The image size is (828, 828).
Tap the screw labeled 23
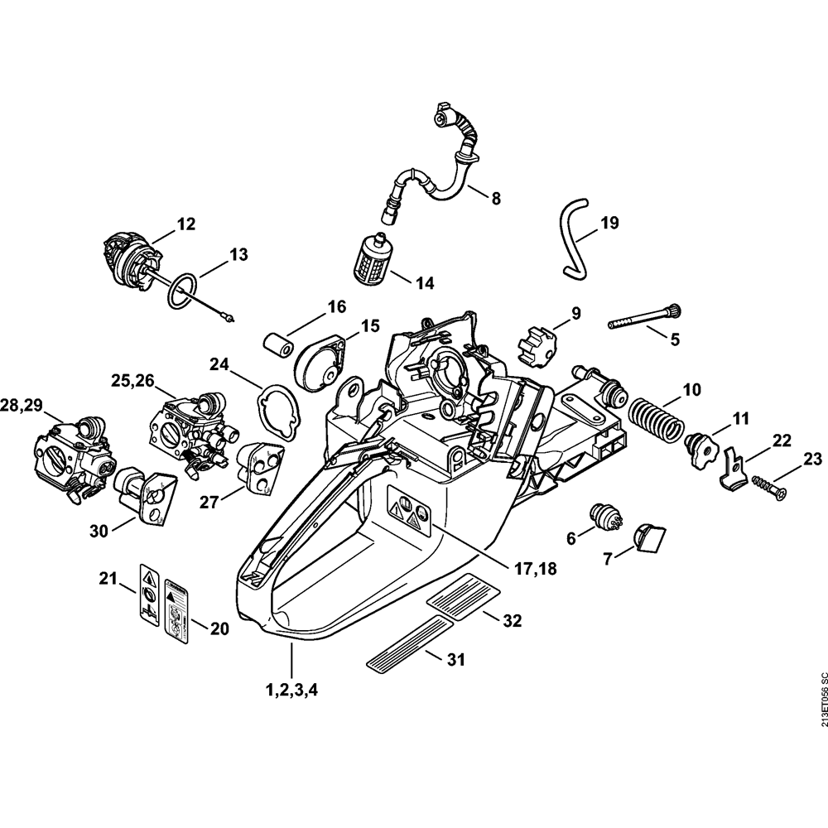point(770,487)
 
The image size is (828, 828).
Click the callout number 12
point(185,223)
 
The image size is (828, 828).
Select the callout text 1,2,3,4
point(290,688)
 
